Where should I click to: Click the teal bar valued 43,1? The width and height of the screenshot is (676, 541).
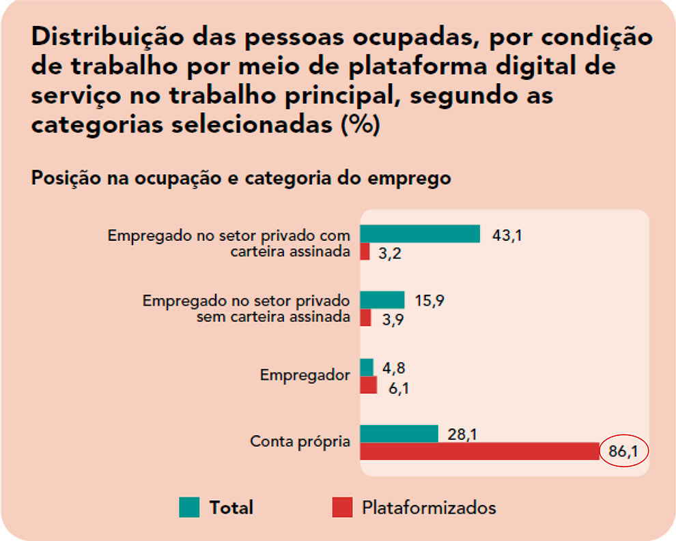[420, 234]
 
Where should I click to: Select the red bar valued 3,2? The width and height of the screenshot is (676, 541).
[365, 252]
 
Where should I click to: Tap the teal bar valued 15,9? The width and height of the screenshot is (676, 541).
[382, 300]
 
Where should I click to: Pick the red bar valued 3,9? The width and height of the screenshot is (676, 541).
[365, 318]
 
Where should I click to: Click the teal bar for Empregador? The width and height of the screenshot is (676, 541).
[367, 367]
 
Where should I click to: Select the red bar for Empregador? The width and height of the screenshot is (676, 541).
[368, 385]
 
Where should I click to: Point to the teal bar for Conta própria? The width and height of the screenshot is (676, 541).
[399, 433]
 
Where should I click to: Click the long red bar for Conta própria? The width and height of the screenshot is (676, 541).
[479, 451]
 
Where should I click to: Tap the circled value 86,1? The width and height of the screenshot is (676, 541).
[624, 452]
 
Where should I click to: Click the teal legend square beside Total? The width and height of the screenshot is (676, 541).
[189, 507]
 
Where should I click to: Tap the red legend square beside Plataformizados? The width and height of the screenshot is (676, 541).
[342, 507]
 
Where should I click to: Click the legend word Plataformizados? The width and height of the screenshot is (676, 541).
[429, 508]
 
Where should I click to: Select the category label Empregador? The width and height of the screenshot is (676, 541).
[305, 376]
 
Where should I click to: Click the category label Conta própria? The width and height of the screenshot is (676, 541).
[300, 441]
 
